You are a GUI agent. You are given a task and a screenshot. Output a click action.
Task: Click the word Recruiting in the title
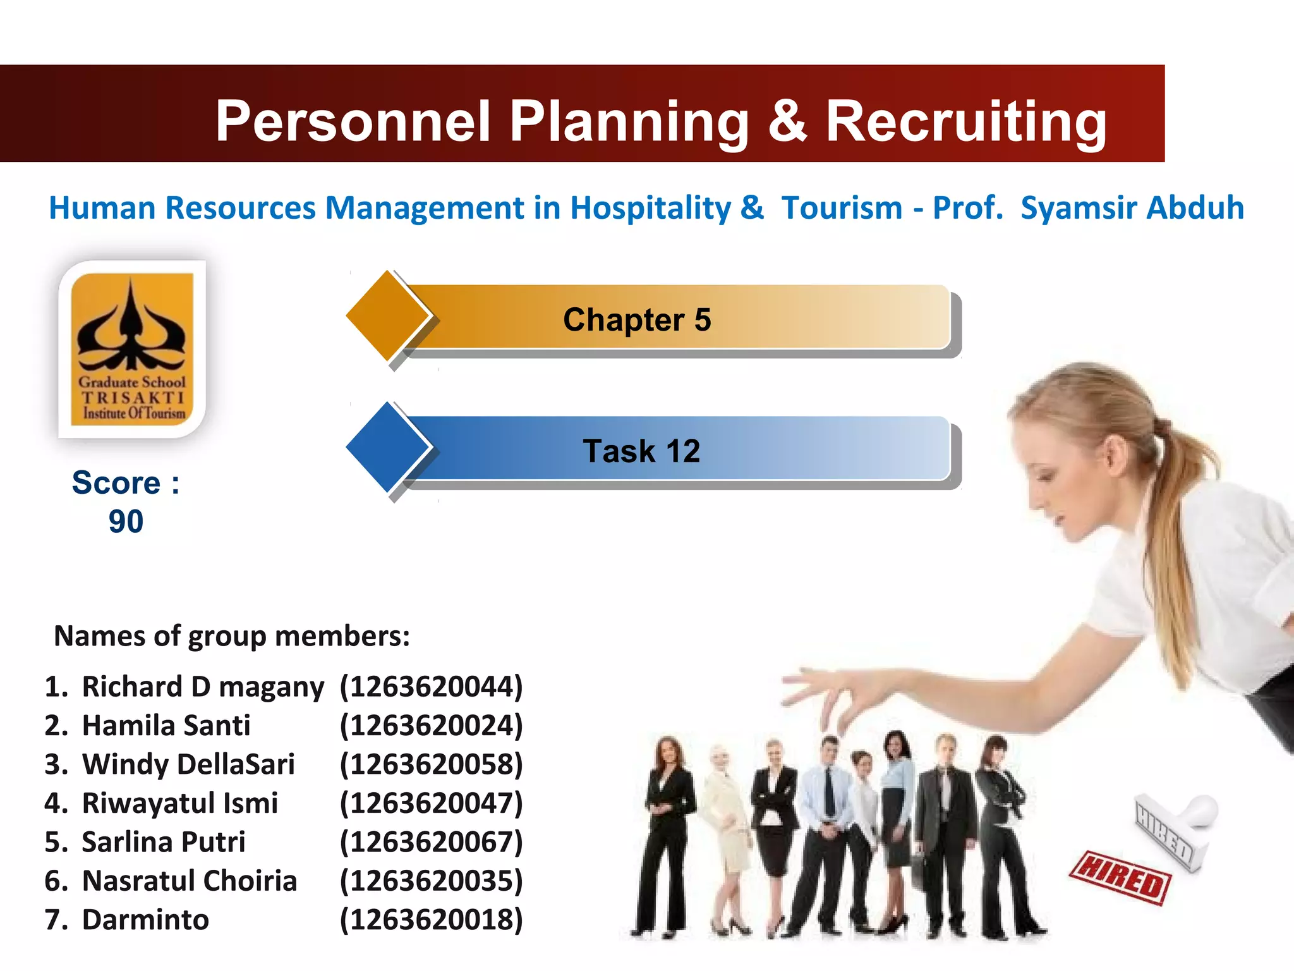[x=966, y=122]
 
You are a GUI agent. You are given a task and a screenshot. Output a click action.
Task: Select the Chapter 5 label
[x=637, y=320]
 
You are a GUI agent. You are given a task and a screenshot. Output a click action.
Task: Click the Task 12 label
[x=641, y=451]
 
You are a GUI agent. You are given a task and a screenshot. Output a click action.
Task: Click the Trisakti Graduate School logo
[x=132, y=349]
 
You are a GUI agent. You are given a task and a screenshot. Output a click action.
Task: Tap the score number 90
[x=126, y=522]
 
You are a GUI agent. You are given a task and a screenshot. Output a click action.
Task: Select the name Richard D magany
[x=203, y=687]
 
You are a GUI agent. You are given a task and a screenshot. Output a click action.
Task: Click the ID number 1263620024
[x=432, y=726]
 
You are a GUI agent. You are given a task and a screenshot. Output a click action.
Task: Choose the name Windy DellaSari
[x=188, y=764]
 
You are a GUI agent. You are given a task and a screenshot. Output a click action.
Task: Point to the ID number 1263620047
[x=432, y=803]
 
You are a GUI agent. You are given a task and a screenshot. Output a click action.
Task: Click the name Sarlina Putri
[x=164, y=842]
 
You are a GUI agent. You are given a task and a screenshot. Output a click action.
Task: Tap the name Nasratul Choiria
[x=190, y=881]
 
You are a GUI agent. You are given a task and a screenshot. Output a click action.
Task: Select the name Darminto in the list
[x=145, y=920]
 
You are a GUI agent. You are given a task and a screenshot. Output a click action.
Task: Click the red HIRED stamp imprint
[x=1120, y=878]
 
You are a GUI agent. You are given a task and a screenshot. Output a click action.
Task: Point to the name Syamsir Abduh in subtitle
[x=1132, y=208]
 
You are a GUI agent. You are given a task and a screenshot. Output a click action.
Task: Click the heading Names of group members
[x=232, y=636]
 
